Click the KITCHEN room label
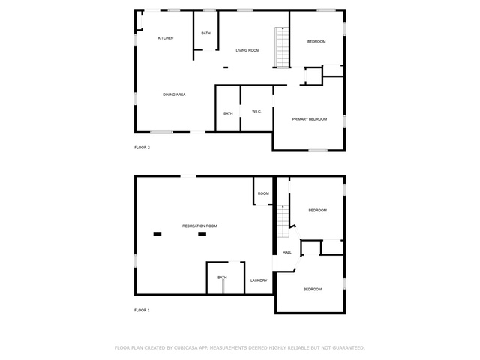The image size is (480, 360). (x=166, y=38)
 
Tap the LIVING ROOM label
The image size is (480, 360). (x=247, y=50)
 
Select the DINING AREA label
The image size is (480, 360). (x=174, y=94)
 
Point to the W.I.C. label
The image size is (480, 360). (x=256, y=112)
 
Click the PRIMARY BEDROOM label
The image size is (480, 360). (x=310, y=119)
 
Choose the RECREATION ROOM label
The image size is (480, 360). (x=199, y=226)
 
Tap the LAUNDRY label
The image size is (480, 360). (x=259, y=280)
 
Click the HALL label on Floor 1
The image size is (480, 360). (x=287, y=253)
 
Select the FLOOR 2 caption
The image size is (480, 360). (x=142, y=148)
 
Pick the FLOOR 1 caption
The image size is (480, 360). (x=142, y=310)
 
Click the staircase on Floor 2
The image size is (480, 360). (x=282, y=47)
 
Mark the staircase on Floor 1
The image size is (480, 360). (x=283, y=221)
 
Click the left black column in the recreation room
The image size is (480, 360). (x=157, y=234)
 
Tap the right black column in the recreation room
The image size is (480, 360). (x=202, y=234)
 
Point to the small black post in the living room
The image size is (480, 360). (x=226, y=67)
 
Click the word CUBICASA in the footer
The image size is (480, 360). (x=186, y=348)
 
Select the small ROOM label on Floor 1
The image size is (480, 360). (x=263, y=193)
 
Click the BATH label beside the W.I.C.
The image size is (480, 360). (x=228, y=113)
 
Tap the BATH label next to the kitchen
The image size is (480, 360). (x=206, y=33)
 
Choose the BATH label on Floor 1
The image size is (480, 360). (x=222, y=277)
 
